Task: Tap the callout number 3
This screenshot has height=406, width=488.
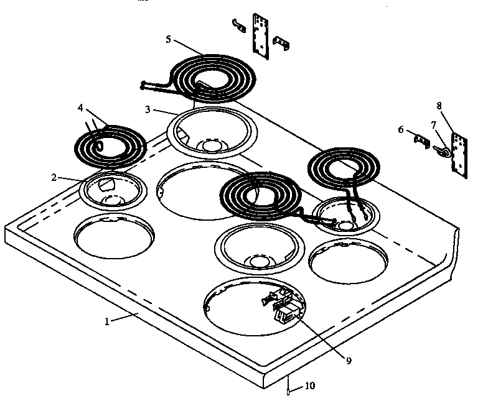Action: (147, 110)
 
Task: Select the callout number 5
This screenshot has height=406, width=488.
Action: (169, 39)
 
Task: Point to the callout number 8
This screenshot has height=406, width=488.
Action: (440, 106)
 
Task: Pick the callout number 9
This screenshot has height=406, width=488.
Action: (348, 360)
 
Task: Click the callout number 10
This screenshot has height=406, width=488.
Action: (309, 386)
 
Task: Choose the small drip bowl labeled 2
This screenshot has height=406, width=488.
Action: (113, 190)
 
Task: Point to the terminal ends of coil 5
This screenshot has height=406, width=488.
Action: (146, 85)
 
